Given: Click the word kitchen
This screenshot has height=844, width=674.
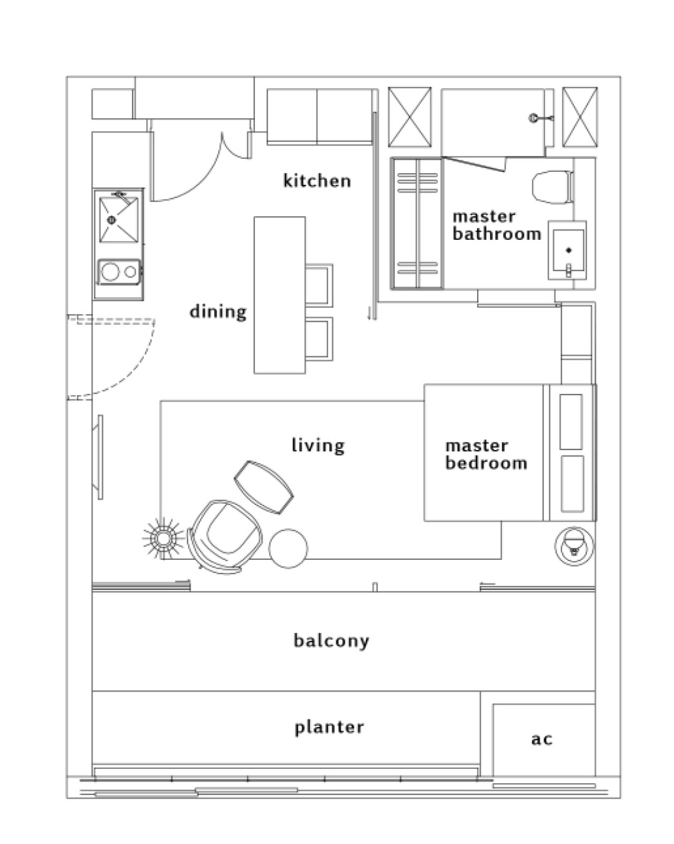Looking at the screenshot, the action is pos(316,181).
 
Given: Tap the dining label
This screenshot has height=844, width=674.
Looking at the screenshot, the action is pos(218,312).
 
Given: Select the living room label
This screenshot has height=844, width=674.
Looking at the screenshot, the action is pos(318,445).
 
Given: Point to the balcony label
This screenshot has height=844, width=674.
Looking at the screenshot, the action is pos(331,641).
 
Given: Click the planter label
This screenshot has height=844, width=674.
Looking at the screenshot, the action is pos(329,727).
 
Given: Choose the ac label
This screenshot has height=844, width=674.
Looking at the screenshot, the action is pos(542,739).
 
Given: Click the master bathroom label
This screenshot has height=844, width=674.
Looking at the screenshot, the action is pos(497,226).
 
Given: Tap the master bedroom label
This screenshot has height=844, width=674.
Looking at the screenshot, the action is pos(486,455).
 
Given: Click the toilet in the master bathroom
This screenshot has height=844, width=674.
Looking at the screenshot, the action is pos(553,187).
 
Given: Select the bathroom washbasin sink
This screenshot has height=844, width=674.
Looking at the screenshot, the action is pos(568,250).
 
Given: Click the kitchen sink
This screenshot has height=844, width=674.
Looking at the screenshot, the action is pos(119,220).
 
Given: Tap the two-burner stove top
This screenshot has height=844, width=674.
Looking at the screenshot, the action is pos(119,271).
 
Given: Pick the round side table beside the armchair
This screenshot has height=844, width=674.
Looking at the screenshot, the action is pos(288,548).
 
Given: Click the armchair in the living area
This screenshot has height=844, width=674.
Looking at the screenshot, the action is pos(225,537).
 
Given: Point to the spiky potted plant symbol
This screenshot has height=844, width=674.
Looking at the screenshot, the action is pos(162,538).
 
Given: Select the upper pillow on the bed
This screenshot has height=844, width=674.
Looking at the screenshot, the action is pos(571,422).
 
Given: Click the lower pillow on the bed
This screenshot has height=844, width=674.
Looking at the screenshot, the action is pos(572,484).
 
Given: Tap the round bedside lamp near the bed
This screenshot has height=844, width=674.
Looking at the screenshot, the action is pos(574,546).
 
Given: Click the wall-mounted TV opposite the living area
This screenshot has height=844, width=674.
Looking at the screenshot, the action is pos(98,457).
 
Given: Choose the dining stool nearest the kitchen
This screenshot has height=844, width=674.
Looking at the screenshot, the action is pos(318,286).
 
